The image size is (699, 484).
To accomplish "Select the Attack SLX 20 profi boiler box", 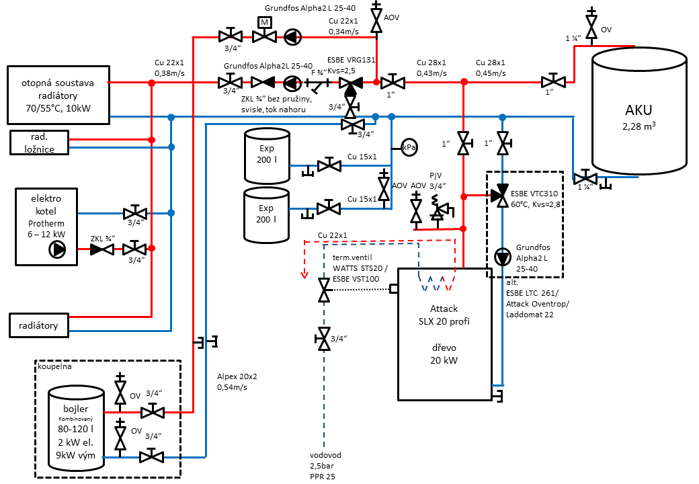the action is click(444, 334).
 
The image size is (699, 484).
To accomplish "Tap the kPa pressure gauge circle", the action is click(409, 147).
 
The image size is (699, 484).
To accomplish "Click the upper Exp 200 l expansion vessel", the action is click(267, 156).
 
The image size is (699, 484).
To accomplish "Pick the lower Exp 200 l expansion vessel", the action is click(267, 215).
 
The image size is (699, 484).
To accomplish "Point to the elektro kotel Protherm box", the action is click(46, 227).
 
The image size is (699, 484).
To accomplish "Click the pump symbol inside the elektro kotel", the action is click(57, 249).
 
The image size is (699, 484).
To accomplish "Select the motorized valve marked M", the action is click(264, 30).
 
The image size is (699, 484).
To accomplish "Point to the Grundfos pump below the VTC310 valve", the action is click(503, 257).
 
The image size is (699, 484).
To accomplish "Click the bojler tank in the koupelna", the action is click(76, 429).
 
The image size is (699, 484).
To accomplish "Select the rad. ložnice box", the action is click(39, 143).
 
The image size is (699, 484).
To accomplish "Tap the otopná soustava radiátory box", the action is click(58, 95).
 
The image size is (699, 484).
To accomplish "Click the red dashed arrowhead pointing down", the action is click(304, 274).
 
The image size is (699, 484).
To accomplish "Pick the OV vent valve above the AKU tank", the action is click(591, 26).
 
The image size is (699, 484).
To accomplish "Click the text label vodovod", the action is click(325, 455).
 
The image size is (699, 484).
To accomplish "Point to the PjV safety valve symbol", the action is click(440, 208).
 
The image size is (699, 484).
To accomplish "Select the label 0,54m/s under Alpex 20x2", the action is click(232, 387).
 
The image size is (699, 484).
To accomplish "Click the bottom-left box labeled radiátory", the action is click(39, 325).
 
